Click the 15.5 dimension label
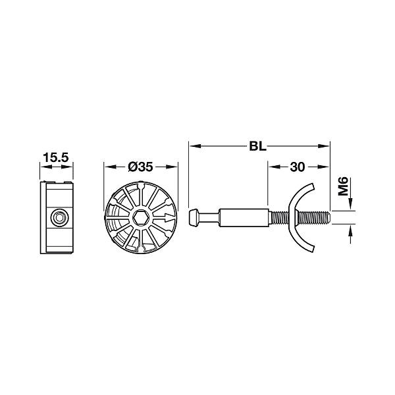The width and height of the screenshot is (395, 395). click(56, 158)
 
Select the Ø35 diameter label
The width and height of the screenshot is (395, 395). click(140, 167)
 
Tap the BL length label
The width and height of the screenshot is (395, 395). click(257, 146)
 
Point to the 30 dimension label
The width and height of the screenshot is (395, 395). click(298, 167)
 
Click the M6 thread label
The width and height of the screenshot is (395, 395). click(343, 186)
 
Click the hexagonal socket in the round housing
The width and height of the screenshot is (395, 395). click(141, 217)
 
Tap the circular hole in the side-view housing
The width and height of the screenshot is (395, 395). click(59, 217)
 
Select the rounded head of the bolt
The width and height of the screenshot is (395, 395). click(194, 217)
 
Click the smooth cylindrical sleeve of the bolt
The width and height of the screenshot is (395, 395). click(244, 217)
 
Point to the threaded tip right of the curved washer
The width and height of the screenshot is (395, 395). click(314, 217)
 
